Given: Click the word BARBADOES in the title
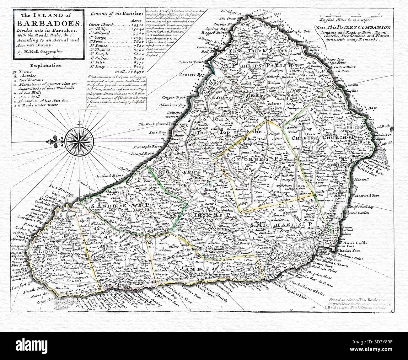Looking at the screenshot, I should point(46,23).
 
